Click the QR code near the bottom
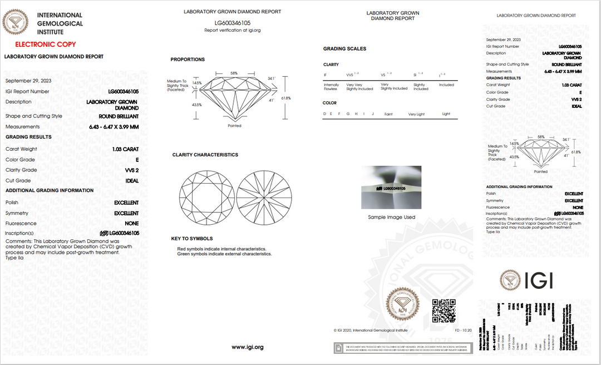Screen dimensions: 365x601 click(x=444, y=310)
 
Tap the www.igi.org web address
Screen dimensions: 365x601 click(x=247, y=347)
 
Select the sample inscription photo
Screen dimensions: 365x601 click(x=391, y=188)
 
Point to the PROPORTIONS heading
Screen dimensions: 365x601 click(x=188, y=60)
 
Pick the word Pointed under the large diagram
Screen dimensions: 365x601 click(x=234, y=126)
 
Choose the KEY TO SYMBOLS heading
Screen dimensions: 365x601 click(x=192, y=239)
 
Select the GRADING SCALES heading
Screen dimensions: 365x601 click(x=345, y=49)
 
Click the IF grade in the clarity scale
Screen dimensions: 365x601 click(x=326, y=75)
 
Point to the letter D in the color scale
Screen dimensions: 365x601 click(x=324, y=114)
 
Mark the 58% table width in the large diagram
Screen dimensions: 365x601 click(x=234, y=73)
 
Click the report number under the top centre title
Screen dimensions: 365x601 click(x=233, y=23)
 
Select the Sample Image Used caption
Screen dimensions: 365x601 click(x=391, y=217)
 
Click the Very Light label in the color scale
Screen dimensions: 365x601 click(x=416, y=114)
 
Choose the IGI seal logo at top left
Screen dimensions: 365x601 click(x=16, y=23)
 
